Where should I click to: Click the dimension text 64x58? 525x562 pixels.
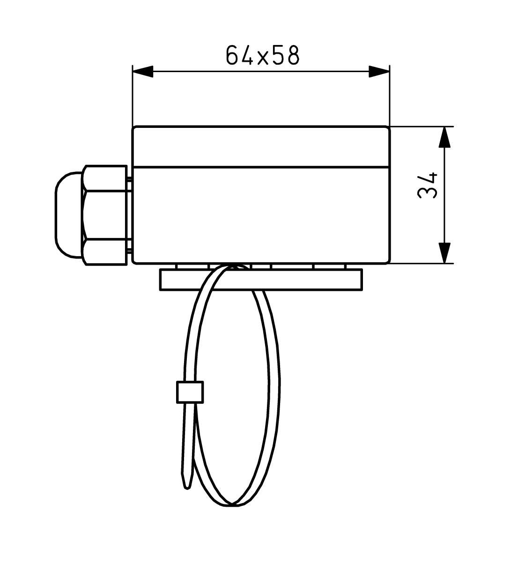[x=262, y=55]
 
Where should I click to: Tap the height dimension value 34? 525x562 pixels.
[x=427, y=186]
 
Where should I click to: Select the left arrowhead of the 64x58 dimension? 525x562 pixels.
[x=143, y=72]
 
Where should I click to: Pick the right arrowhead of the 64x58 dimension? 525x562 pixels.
[x=379, y=72]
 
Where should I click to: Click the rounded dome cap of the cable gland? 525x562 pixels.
[x=68, y=215]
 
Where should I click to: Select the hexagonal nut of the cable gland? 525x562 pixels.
[x=105, y=215]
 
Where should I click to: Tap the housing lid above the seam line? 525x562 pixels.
[x=261, y=147]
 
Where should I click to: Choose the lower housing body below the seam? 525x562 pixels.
[x=261, y=214]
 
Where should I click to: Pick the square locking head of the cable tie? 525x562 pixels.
[x=190, y=392]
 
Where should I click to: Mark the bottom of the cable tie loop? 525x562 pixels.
[x=231, y=505]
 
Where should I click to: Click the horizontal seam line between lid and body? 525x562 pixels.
[x=261, y=166]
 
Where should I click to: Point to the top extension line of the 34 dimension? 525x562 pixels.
[x=421, y=126]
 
